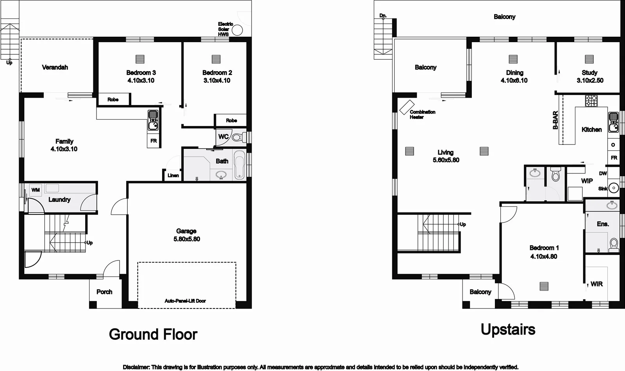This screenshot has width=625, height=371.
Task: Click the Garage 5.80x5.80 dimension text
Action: click(x=187, y=239)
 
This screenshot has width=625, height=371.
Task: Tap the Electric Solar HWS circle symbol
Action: click(x=237, y=30)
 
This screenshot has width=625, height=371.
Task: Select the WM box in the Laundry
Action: click(x=36, y=190)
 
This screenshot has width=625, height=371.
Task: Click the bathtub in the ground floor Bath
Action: click(x=239, y=166)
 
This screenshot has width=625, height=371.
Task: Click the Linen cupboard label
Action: click(x=173, y=175)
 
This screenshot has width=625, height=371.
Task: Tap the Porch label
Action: click(x=104, y=292)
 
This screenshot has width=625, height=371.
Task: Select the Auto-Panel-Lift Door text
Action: click(x=185, y=301)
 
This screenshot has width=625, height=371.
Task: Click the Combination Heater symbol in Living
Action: click(x=407, y=107)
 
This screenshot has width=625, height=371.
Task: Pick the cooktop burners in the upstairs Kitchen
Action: click(x=591, y=101)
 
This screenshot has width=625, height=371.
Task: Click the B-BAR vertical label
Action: click(x=555, y=121)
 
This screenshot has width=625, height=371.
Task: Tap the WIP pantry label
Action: click(x=587, y=181)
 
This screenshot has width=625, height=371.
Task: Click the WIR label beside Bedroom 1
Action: click(x=596, y=284)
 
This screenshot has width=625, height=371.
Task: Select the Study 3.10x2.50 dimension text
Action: click(x=590, y=80)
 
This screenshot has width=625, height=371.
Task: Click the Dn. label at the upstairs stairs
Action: click(x=383, y=16)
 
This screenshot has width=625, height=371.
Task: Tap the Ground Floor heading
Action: click(x=153, y=334)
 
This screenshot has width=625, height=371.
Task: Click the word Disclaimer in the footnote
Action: click(x=136, y=367)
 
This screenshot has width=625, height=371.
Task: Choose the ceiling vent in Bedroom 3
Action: click(x=140, y=59)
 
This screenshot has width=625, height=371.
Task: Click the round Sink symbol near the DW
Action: click(x=614, y=188)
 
